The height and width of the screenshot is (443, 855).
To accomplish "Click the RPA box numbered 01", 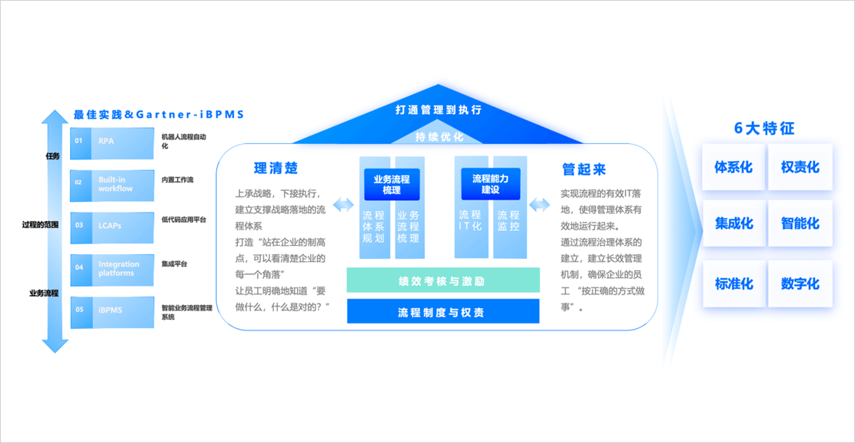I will pos(112,142).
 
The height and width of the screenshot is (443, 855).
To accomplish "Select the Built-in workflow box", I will pos(112,183).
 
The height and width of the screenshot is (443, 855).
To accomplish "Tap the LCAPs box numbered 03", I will pos(112,226).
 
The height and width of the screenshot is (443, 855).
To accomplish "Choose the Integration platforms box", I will pos(112,268).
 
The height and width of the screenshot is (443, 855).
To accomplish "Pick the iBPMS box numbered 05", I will pos(112,310).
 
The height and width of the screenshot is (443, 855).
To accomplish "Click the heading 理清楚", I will pos(276,168).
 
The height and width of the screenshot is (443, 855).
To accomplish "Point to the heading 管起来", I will pos(583,169).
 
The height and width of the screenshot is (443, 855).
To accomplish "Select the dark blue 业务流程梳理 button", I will pos(392,184).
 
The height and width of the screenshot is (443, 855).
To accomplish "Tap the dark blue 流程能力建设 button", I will pos(490,183).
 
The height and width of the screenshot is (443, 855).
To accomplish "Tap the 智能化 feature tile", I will pos(800,224).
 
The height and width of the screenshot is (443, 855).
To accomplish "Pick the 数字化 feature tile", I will pos(800,284).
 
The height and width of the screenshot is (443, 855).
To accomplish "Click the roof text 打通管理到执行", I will pos(438,110).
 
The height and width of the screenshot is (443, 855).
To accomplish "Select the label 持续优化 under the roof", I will pos(438,136).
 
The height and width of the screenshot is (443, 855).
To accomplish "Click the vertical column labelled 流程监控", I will pos(508,222).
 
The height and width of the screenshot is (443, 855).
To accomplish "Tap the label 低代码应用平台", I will pos(183,220).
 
